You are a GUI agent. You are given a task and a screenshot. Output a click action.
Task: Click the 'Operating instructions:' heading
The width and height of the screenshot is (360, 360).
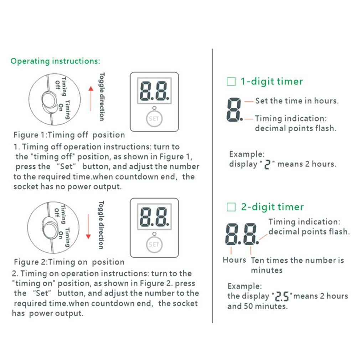click(55, 61)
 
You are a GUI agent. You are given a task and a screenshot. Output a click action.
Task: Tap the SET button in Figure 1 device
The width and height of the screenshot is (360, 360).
click(154, 119)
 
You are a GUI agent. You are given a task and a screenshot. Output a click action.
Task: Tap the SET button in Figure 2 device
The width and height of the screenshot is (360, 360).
click(154, 245)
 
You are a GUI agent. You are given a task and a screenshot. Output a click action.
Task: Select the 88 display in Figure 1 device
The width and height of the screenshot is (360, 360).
click(154, 91)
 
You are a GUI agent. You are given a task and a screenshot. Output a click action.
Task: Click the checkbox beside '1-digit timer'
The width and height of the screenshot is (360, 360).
click(231, 82)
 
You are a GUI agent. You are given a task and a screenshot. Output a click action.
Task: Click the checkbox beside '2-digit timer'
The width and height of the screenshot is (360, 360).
click(231, 207)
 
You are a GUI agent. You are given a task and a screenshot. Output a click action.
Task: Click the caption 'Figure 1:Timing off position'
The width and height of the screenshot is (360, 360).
click(69, 135)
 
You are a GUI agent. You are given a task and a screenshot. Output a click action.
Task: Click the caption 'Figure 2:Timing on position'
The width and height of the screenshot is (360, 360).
click(69, 262)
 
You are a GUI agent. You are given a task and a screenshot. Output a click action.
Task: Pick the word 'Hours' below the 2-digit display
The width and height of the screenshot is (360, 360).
click(234, 260)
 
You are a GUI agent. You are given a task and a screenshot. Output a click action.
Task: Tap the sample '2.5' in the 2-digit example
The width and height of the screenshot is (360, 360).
click(282, 297)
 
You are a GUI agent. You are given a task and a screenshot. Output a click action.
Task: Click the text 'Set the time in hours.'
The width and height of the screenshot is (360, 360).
click(297, 101)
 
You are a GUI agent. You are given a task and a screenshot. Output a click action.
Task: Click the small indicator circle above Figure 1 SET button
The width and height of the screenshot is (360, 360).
click(154, 108)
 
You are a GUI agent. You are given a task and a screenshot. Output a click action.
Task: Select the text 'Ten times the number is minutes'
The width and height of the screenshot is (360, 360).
click(297, 265)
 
